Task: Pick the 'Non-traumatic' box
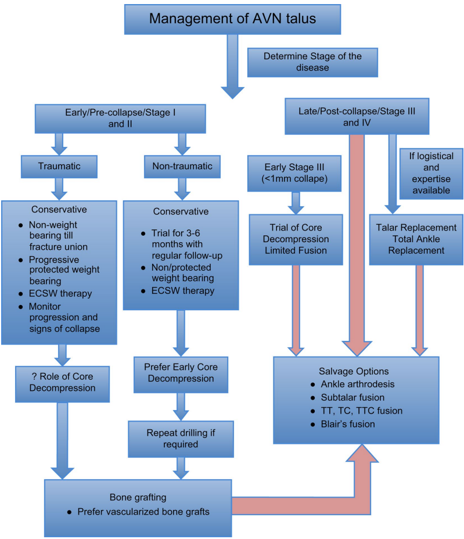click(x=182, y=166)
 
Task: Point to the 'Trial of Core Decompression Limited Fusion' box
click(x=294, y=239)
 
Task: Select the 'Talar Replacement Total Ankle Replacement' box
click(x=416, y=239)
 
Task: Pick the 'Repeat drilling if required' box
click(x=182, y=439)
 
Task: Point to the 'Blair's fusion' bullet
click(x=347, y=424)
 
